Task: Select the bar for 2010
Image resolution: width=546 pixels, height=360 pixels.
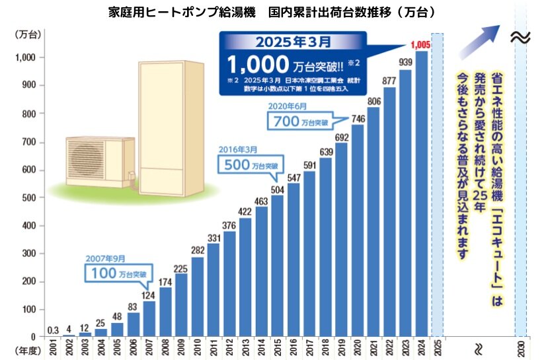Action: (197, 297)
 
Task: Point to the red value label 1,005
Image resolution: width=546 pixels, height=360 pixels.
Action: (421, 45)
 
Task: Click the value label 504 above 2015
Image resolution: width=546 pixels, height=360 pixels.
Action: (278, 190)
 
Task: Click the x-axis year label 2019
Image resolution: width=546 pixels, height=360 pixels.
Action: (342, 347)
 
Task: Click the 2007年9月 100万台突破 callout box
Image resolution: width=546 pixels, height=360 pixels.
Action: (116, 272)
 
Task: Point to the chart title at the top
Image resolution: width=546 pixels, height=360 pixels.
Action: (271, 13)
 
